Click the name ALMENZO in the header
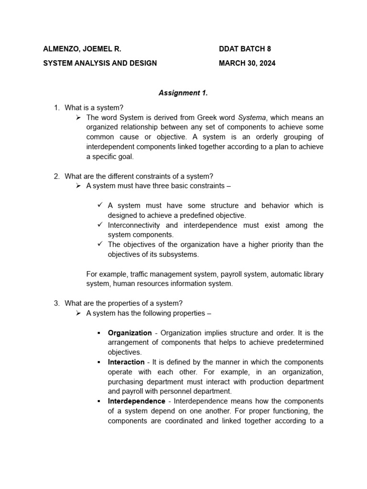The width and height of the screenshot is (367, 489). point(61,49)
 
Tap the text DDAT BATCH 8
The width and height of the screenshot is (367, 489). point(245,49)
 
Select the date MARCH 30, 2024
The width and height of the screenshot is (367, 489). point(247,63)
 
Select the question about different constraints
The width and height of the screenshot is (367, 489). point(139,176)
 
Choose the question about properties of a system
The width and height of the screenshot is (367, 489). point(123,303)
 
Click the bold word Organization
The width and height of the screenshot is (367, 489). point(130,333)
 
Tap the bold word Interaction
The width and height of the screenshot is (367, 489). point(126,362)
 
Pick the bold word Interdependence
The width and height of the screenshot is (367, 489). point(136,401)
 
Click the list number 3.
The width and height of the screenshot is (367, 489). point(56,303)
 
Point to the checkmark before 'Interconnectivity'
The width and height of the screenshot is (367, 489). point(99,224)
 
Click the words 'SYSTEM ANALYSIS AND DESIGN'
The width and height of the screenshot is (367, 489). point(100,63)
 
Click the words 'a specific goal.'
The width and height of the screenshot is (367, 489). point(110,157)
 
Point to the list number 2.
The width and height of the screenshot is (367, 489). point(56,176)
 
